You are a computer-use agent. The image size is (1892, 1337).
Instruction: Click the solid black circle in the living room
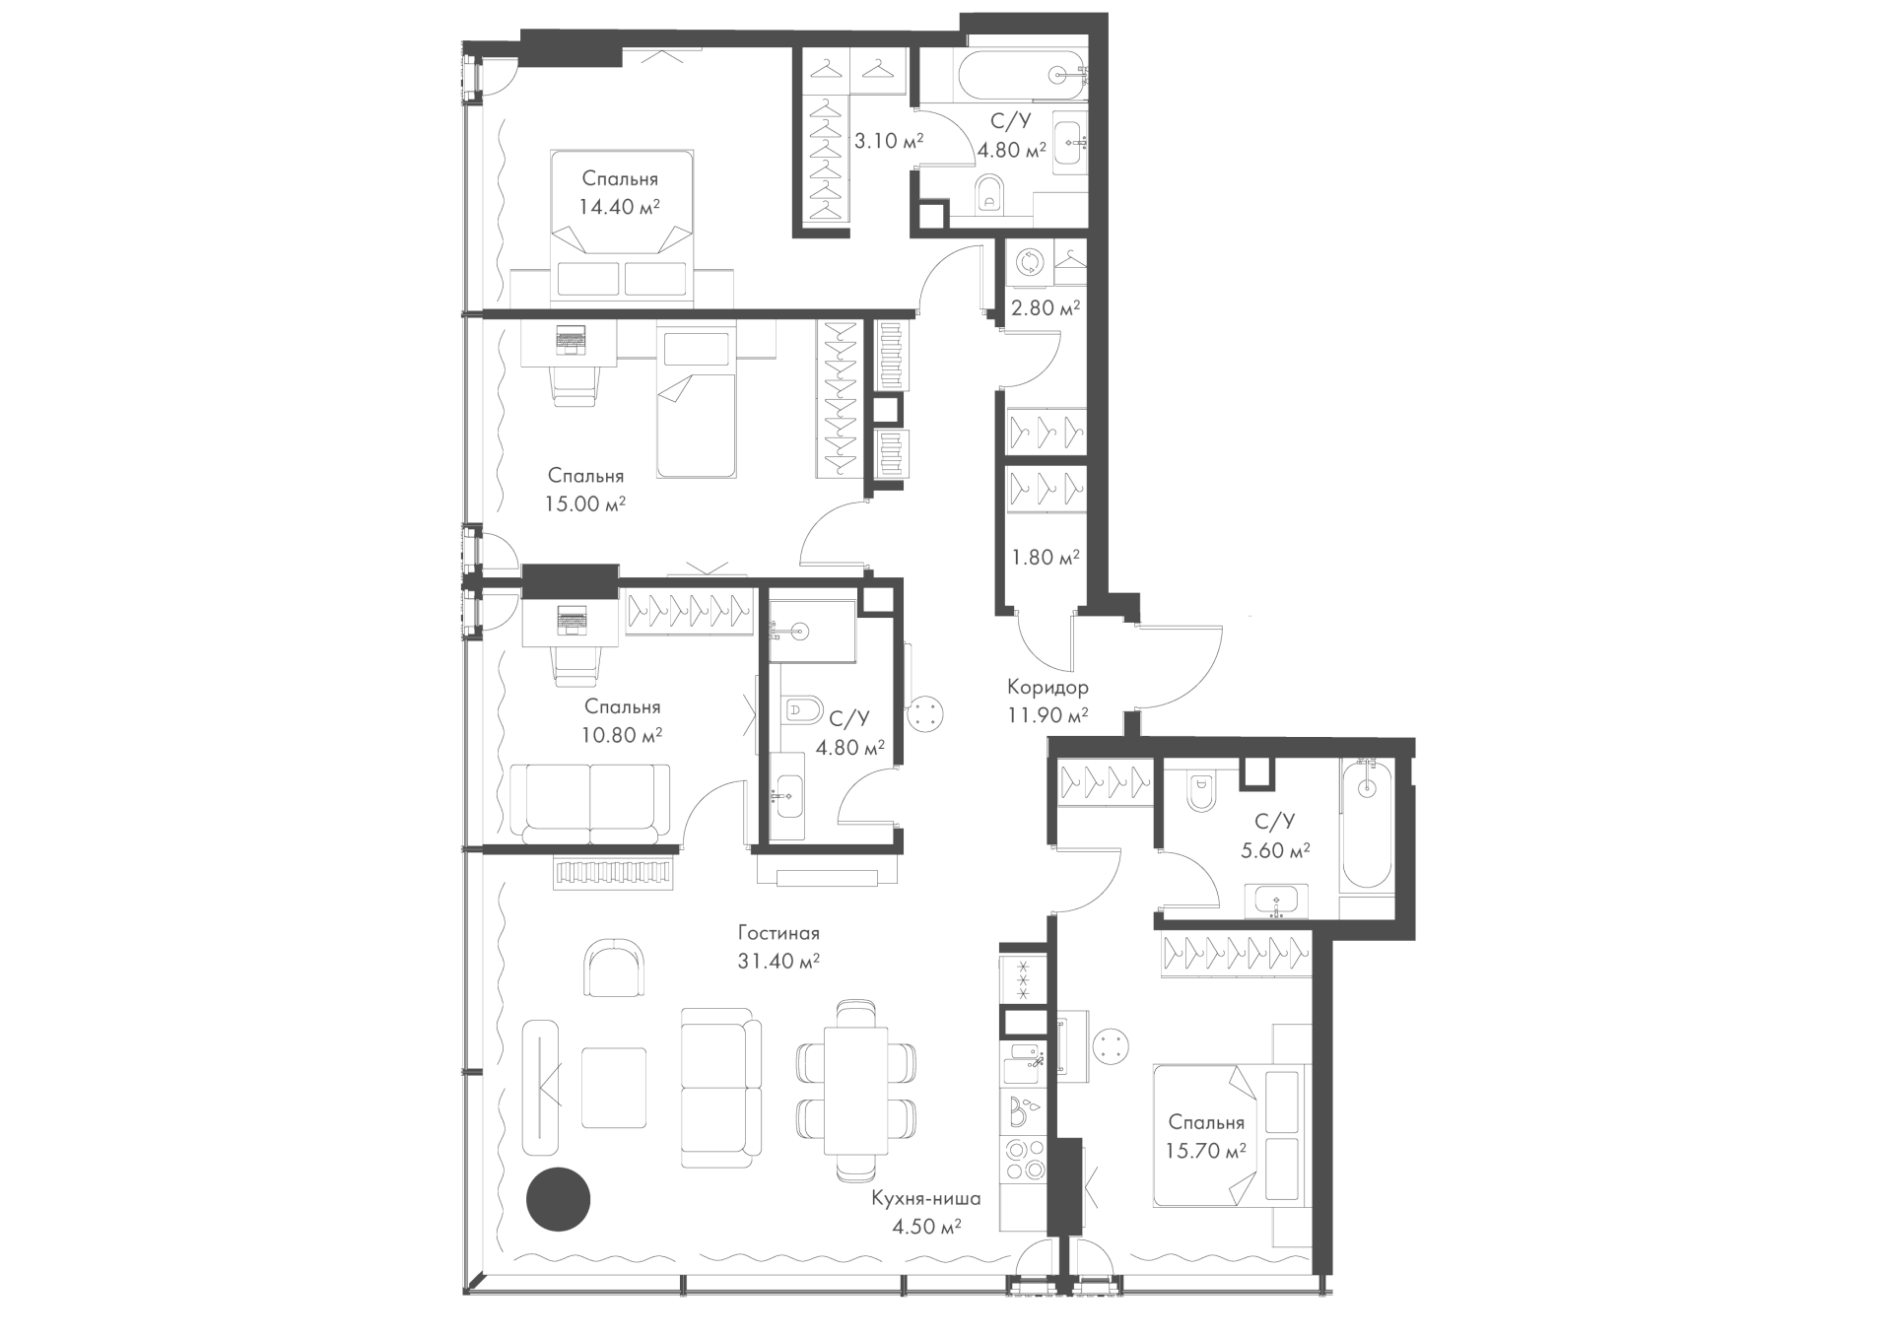[558, 1199]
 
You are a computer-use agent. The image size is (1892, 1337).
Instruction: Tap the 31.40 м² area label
[778, 962]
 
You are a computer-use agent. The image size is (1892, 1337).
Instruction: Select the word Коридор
[1047, 688]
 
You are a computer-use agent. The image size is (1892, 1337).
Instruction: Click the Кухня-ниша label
[925, 1199]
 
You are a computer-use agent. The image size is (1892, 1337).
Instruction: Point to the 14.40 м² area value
[619, 207]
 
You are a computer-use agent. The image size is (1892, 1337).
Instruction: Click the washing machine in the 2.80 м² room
[1031, 263]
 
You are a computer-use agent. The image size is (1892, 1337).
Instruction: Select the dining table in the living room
[855, 1090]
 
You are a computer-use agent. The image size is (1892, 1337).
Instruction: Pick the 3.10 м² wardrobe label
[888, 141]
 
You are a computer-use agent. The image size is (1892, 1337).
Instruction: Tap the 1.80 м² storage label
[1046, 558]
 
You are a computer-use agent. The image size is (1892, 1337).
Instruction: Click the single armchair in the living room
[616, 969]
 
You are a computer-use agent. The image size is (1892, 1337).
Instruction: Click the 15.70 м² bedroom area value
[1206, 1150]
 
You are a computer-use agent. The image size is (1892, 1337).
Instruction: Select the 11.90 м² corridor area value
[1047, 715]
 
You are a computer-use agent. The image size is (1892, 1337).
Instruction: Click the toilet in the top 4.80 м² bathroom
[989, 196]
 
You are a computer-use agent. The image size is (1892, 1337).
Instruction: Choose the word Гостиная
[778, 933]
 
